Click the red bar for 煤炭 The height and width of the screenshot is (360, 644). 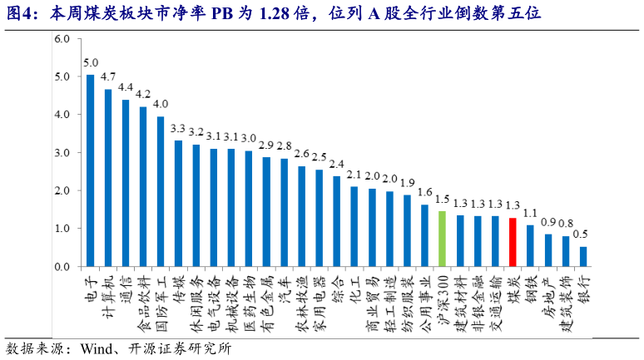click(513, 242)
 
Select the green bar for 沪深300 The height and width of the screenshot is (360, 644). click(442, 239)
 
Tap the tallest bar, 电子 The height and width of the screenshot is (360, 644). click(90, 170)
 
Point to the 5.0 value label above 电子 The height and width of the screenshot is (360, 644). click(90, 63)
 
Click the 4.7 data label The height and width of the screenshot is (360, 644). click(108, 76)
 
